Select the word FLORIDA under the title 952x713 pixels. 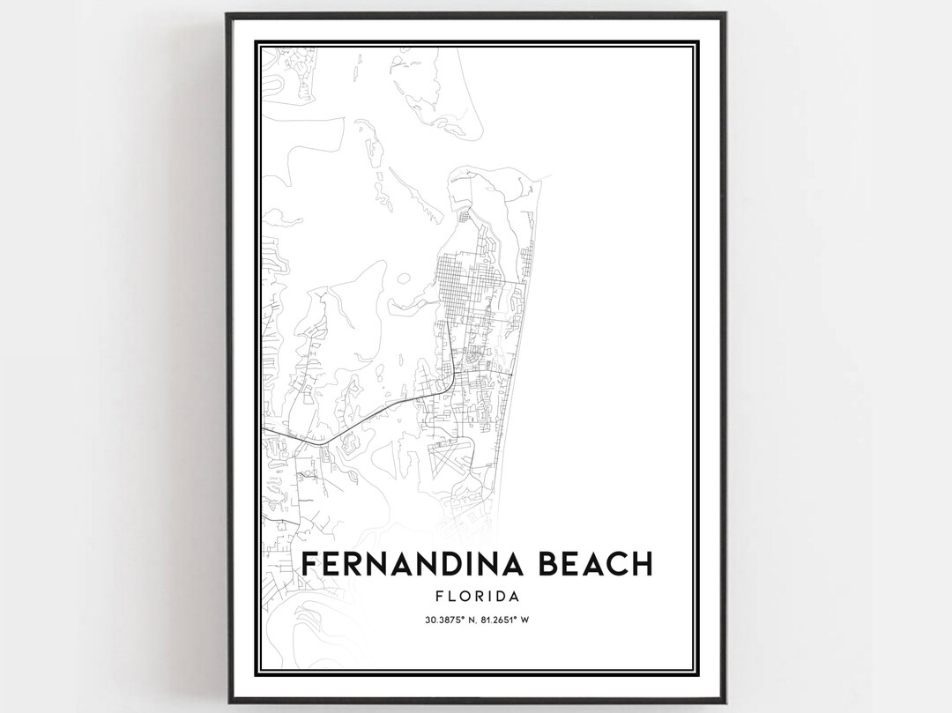click(477, 597)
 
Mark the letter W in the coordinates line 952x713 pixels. click(525, 620)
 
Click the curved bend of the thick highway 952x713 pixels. click(450, 381)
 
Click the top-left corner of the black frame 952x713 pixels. click(227, 14)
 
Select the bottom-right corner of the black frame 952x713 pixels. click(725, 702)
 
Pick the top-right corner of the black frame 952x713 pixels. click(725, 14)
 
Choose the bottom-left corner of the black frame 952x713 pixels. click(227, 702)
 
